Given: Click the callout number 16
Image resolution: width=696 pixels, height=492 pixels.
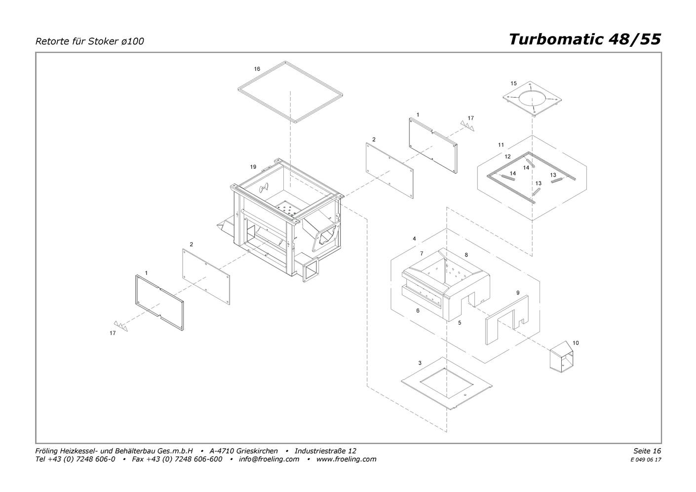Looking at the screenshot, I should (x=257, y=69).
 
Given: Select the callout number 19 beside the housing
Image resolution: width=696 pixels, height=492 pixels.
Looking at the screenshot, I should (x=253, y=167).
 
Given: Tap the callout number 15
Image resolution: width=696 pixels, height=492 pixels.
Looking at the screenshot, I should (x=513, y=83).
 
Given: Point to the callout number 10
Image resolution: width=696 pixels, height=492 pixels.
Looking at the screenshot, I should (x=576, y=343).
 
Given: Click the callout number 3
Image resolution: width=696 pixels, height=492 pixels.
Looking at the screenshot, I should (x=420, y=363).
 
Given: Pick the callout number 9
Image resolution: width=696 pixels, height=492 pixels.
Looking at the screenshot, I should (x=518, y=293).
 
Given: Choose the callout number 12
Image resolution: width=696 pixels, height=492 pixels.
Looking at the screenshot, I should (x=507, y=156).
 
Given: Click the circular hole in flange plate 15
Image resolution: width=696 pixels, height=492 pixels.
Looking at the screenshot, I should (x=534, y=99).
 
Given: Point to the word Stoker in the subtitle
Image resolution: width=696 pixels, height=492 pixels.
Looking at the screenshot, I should (x=103, y=41).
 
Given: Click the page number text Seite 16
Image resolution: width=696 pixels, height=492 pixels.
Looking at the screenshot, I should (x=647, y=451).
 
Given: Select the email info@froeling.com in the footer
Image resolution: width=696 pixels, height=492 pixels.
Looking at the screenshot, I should (x=269, y=459).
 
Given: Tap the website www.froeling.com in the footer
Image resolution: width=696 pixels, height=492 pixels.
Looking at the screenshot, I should (x=346, y=459).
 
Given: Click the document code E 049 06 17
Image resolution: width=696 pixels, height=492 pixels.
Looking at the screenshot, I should (x=646, y=459).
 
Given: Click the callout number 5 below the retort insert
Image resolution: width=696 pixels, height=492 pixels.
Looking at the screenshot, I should (x=460, y=323).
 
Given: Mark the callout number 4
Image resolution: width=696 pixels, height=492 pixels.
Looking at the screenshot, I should (x=414, y=239).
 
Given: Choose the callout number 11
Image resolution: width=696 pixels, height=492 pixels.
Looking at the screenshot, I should (x=501, y=145).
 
